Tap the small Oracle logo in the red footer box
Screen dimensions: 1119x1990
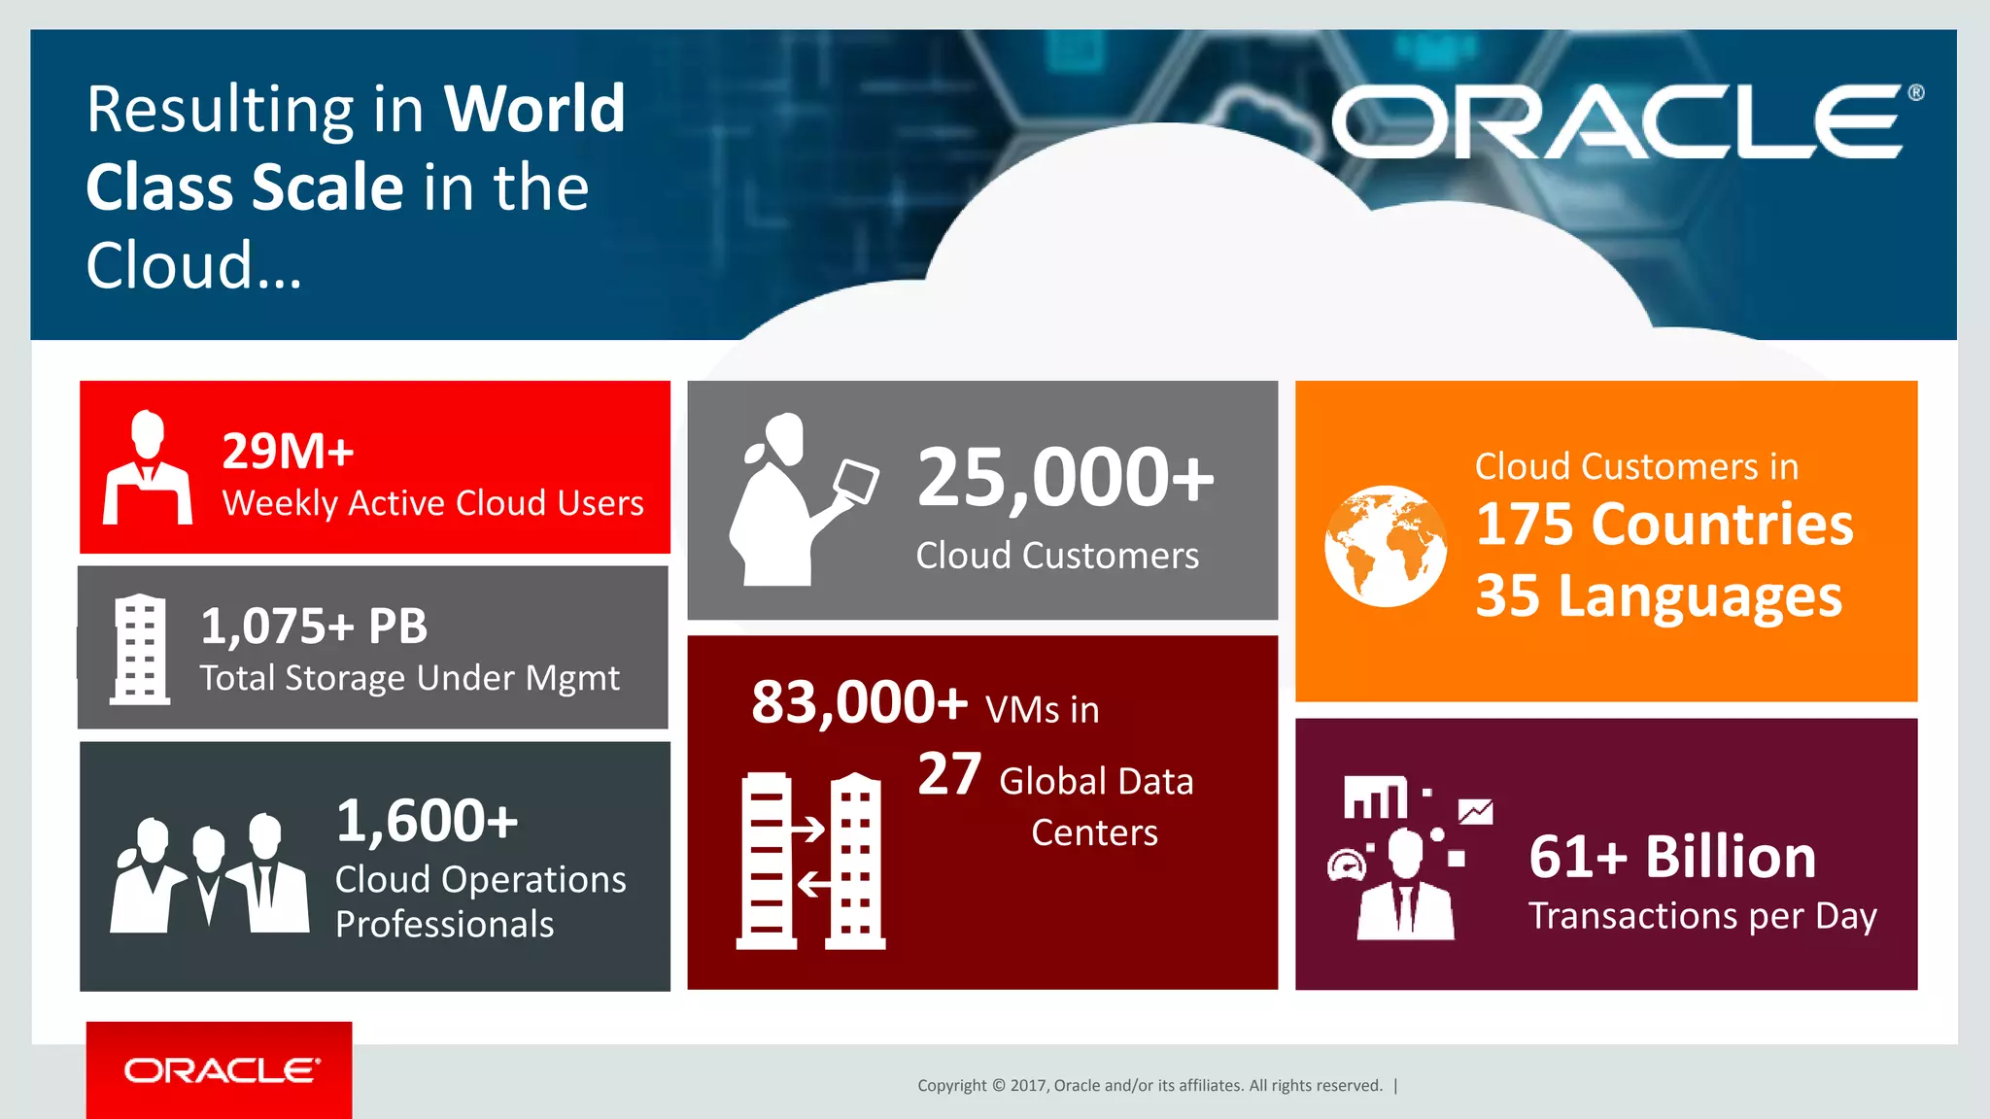point(221,1070)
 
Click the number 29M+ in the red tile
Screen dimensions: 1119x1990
point(288,451)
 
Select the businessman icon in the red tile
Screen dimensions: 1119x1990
point(148,468)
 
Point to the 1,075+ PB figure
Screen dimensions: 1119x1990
point(314,626)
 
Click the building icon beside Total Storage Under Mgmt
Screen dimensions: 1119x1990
point(140,649)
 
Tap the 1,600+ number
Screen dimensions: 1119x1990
point(427,820)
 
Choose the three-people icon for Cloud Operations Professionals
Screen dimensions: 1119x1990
point(210,873)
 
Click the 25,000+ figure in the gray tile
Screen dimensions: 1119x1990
point(1065,477)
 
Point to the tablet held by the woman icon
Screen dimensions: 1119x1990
point(856,481)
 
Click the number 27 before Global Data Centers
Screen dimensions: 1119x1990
point(949,774)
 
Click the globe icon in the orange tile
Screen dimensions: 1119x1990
point(1385,546)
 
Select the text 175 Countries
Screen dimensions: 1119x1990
point(1664,525)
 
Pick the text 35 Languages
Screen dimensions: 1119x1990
point(1658,595)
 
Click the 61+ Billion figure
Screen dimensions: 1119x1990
point(1671,857)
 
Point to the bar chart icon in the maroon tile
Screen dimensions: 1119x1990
point(1375,797)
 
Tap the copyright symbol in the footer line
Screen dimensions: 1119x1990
point(998,1086)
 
